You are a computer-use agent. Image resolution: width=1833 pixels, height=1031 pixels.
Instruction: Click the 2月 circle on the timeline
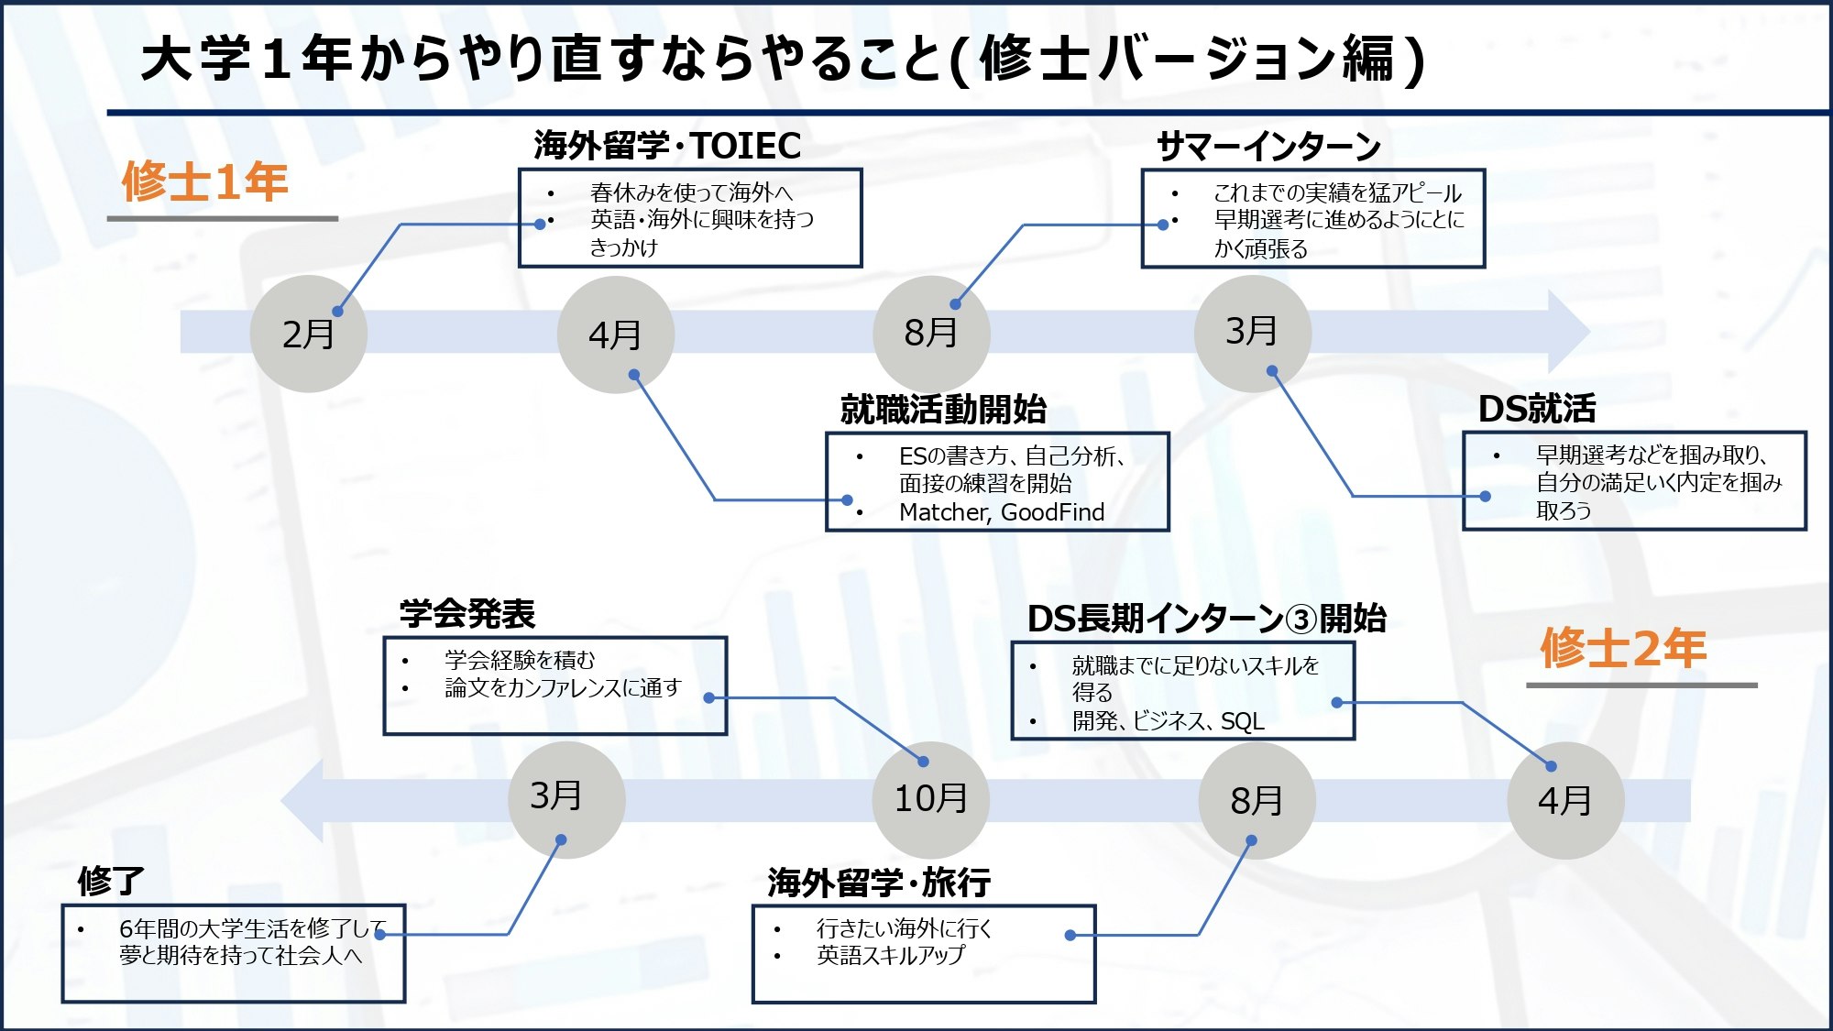tap(308, 335)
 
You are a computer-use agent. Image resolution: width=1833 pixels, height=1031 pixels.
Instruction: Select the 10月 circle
tap(930, 799)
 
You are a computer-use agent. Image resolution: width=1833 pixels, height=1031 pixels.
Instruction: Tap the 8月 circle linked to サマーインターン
tap(931, 333)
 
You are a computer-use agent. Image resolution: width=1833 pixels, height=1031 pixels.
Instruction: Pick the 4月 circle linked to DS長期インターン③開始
tap(1564, 801)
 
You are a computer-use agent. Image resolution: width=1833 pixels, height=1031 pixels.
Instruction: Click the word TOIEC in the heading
tap(746, 146)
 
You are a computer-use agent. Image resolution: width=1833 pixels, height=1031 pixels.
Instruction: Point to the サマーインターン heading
tap(1268, 147)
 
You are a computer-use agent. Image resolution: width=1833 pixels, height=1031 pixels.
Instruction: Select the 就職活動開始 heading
tap(943, 410)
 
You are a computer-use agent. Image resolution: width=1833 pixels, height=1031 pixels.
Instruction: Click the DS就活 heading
tap(1537, 409)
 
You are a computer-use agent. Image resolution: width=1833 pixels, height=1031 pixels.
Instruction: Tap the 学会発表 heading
tap(467, 614)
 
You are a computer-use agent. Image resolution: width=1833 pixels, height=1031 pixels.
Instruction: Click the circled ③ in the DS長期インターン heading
tap(1301, 620)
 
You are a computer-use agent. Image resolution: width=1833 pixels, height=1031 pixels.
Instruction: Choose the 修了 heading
tap(111, 882)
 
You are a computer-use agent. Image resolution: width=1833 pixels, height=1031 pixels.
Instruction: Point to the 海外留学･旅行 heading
tap(879, 883)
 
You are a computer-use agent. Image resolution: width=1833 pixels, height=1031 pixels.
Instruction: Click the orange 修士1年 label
tap(205, 181)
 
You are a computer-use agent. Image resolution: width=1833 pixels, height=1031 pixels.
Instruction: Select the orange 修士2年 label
tap(1623, 649)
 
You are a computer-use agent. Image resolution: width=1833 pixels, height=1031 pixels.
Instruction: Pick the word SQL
tap(1242, 722)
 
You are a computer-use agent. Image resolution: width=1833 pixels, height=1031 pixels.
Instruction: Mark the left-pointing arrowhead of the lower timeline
tap(303, 800)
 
